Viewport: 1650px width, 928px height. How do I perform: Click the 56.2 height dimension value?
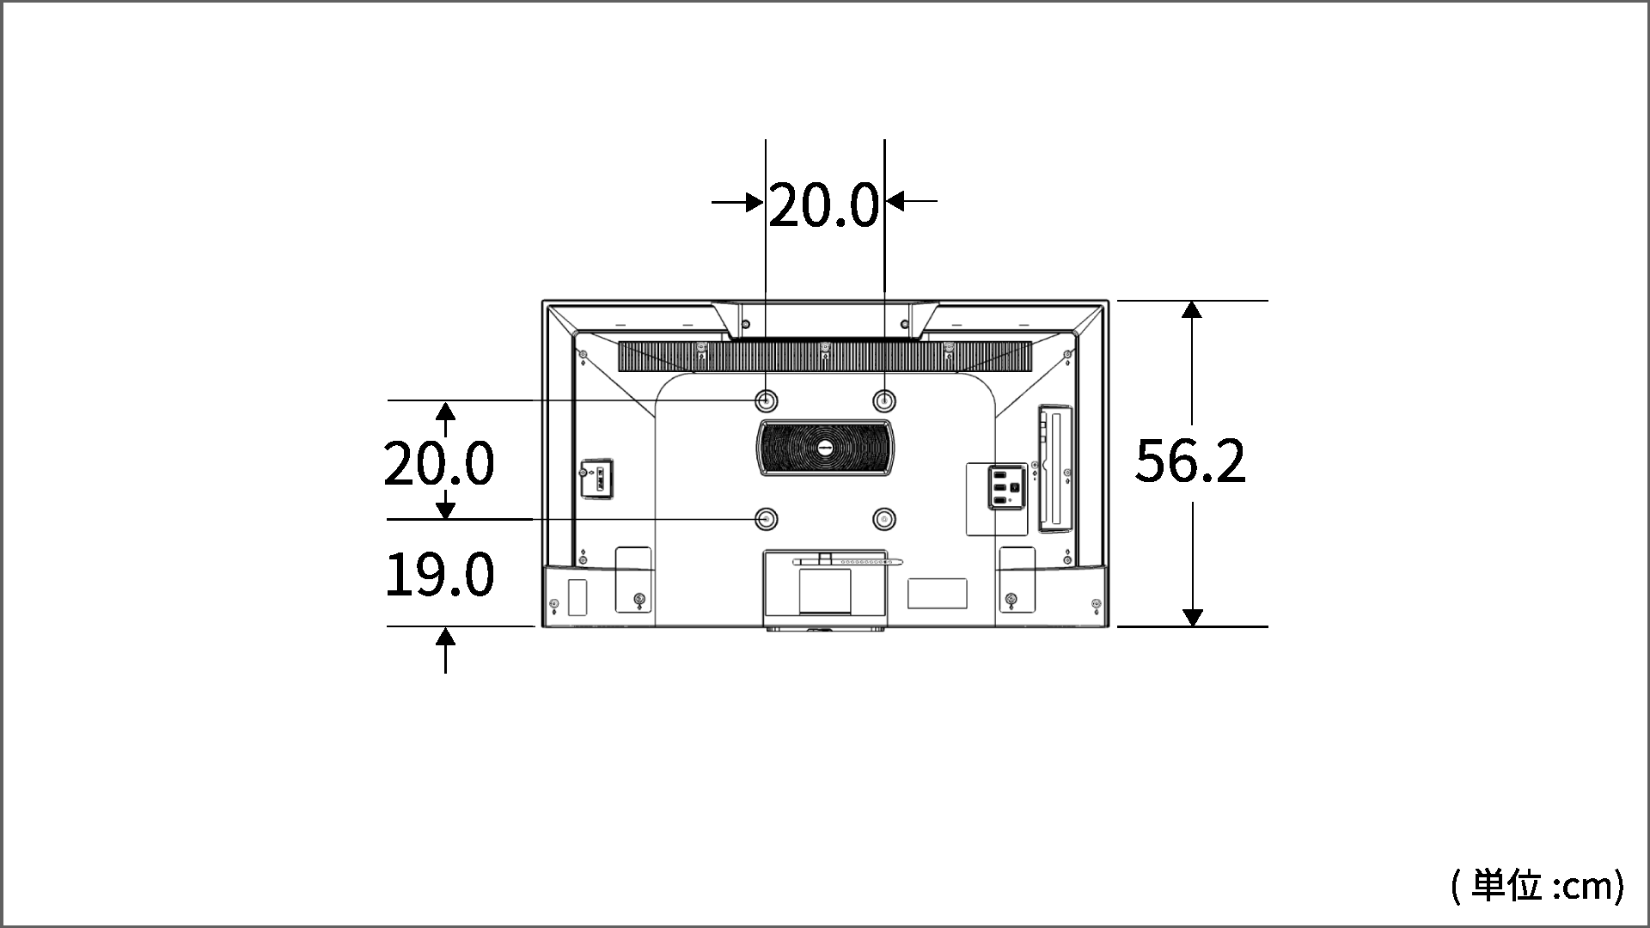[1190, 461]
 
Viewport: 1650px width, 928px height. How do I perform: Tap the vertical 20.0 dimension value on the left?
[439, 464]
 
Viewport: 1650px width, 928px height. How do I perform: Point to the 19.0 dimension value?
[439, 575]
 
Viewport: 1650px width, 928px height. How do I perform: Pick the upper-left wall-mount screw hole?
[766, 400]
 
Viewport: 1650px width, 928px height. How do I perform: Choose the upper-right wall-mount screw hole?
[883, 400]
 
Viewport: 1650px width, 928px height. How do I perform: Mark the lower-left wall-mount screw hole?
[766, 519]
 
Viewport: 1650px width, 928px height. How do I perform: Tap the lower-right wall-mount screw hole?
[883, 519]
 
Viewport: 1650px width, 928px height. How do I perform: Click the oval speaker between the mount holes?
[825, 448]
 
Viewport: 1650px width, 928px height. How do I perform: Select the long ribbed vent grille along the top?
[825, 357]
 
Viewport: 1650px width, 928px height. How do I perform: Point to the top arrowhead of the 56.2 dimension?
[1192, 309]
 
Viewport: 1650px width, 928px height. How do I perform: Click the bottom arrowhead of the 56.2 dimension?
[1192, 617]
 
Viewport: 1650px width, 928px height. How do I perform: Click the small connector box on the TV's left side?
[596, 479]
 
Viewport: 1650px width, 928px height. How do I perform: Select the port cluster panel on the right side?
[1005, 487]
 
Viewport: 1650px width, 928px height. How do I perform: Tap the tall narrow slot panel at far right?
[1056, 469]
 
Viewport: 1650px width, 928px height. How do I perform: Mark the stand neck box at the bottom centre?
[824, 584]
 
